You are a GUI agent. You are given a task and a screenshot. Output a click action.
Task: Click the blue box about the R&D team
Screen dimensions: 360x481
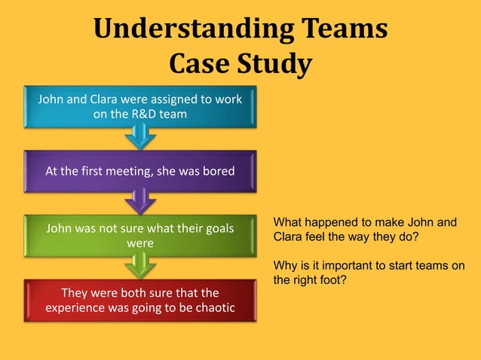[140, 106]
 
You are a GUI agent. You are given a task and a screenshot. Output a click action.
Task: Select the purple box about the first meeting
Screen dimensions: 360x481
[140, 171]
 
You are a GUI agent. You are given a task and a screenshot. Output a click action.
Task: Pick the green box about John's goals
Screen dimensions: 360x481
[140, 235]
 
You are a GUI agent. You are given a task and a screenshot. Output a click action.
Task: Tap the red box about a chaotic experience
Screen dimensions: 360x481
[140, 300]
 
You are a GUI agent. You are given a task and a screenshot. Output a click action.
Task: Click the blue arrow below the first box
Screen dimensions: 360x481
[140, 136]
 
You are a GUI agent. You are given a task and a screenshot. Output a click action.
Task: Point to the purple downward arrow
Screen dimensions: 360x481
[140, 200]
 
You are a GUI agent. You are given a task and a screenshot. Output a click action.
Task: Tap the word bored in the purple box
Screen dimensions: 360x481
[219, 171]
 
